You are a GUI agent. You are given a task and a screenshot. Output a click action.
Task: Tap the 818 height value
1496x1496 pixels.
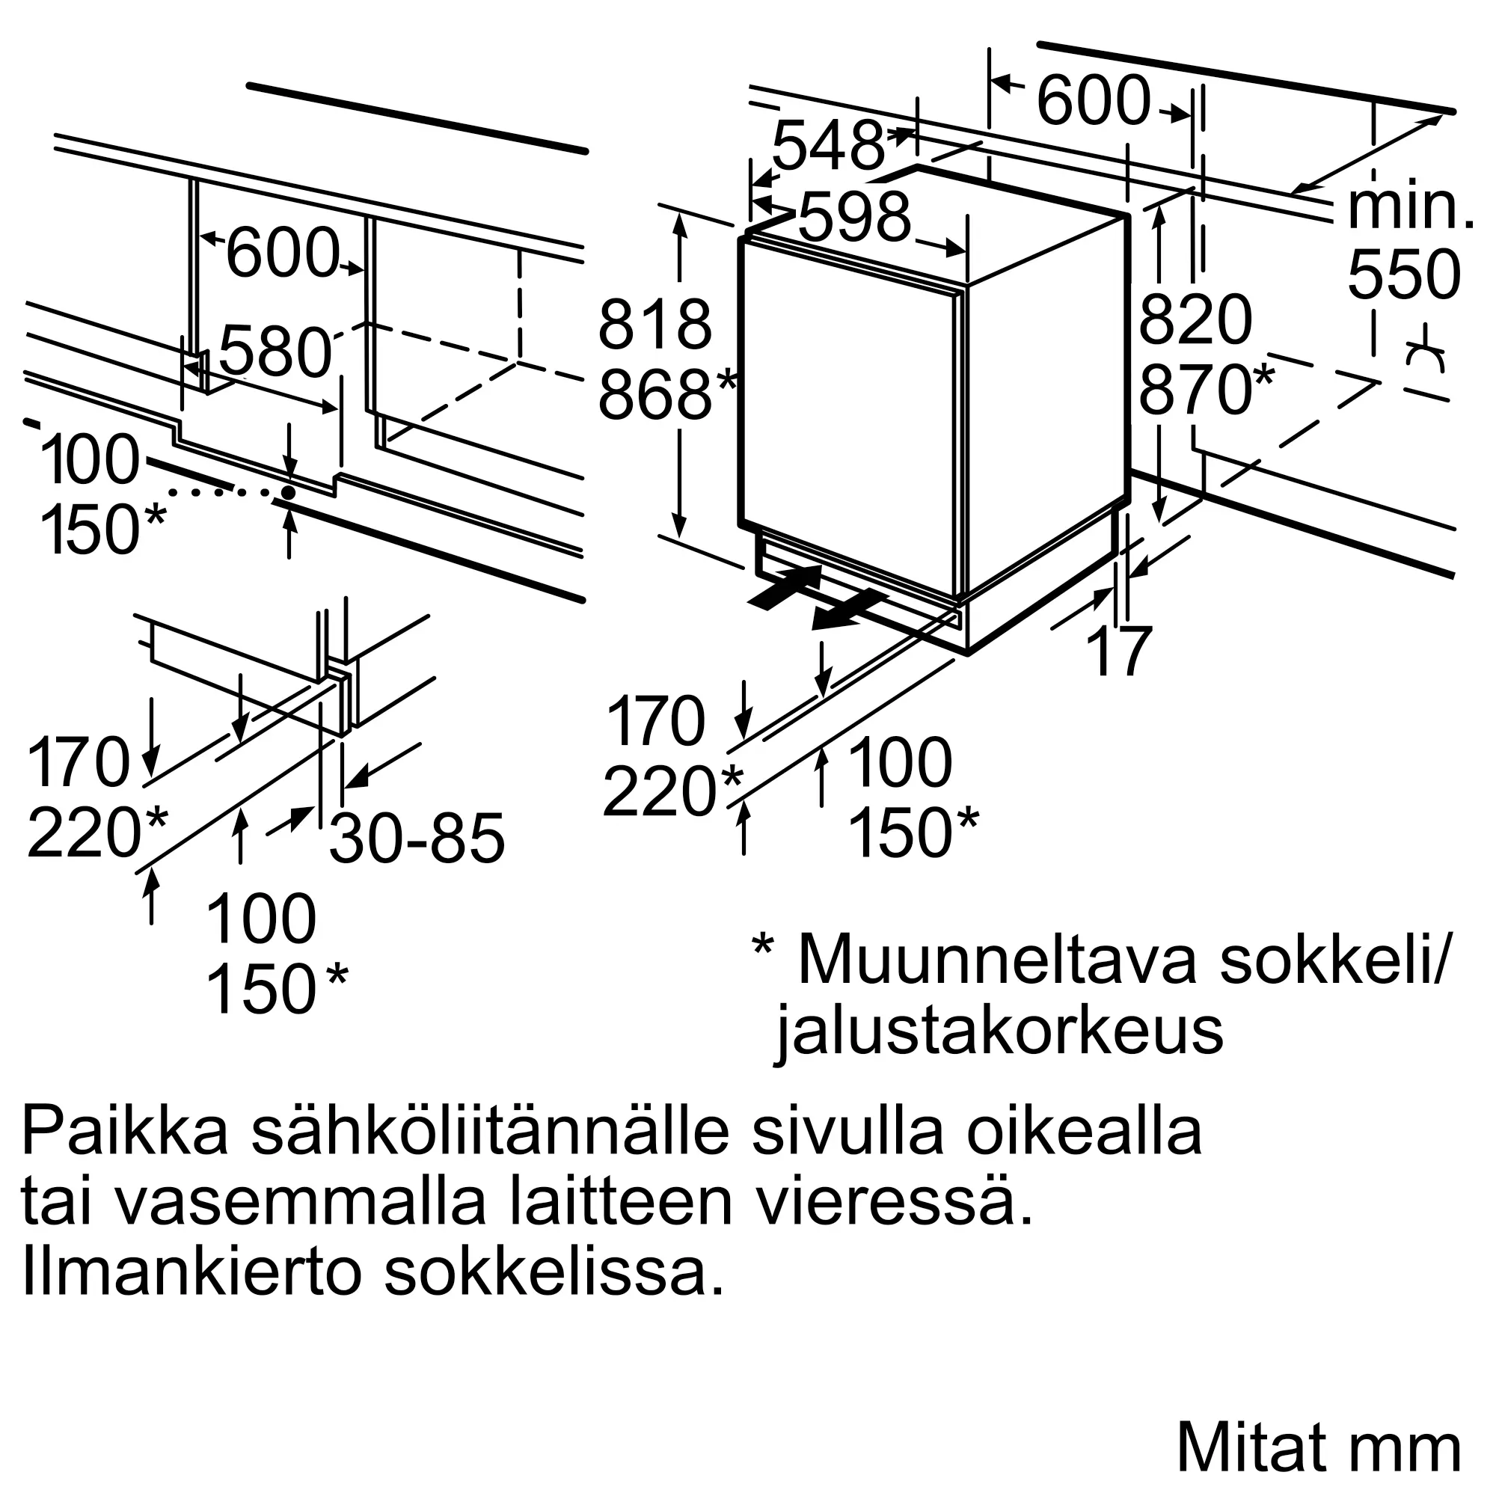654,325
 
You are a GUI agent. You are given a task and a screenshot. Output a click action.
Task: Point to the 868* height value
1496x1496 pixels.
666,395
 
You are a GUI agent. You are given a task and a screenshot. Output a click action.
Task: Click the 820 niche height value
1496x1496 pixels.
1195,319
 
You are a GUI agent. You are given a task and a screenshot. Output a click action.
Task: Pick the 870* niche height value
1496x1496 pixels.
1206,390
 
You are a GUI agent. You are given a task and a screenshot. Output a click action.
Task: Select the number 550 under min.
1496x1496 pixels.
1404,275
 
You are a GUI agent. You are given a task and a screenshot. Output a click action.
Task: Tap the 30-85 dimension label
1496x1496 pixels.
417,838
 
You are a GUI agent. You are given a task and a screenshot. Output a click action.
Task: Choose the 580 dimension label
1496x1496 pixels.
275,352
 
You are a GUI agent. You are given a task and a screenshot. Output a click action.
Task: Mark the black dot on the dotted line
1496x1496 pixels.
289,492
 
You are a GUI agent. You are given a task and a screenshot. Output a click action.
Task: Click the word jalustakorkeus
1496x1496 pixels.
999,1031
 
